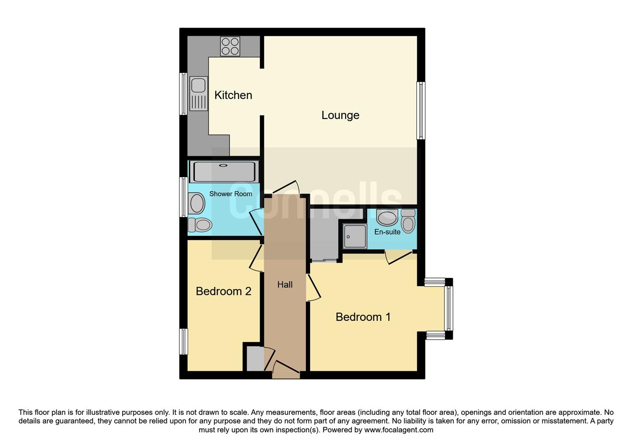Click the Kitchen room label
coord(233,95)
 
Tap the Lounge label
coord(340,115)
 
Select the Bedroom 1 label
coord(363,317)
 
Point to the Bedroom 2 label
coord(223,291)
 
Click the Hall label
coord(285,285)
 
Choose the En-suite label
coord(387,232)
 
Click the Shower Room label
coord(231,194)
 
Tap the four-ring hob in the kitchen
coord(230,46)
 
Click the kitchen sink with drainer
coord(198,93)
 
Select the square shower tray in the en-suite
coord(355,236)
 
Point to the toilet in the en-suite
coord(408,221)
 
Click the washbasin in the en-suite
coord(387,217)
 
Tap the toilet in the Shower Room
coord(200,224)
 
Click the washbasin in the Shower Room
coord(197,203)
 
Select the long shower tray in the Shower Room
coord(224,171)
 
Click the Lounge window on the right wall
coord(421,110)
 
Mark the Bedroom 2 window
coord(184,341)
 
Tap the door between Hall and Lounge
coord(286,187)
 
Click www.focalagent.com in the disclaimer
coord(398,430)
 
